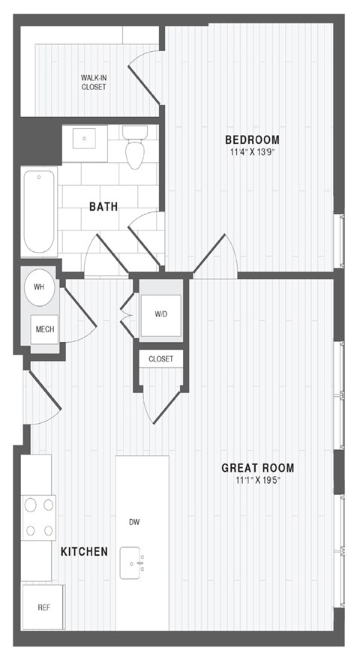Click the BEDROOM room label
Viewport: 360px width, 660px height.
253,139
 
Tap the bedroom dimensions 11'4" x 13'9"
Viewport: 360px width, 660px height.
253,153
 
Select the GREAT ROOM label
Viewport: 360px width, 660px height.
257,468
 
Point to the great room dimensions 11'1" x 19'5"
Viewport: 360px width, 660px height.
257,481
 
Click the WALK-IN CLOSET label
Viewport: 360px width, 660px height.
94,82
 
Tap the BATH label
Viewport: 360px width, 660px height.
103,206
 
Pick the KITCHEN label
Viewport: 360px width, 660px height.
84,551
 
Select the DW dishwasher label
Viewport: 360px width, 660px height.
135,522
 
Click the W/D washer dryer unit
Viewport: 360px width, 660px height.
161,314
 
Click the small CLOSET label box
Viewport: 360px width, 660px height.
160,359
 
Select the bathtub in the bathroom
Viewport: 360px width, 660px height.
38,212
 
